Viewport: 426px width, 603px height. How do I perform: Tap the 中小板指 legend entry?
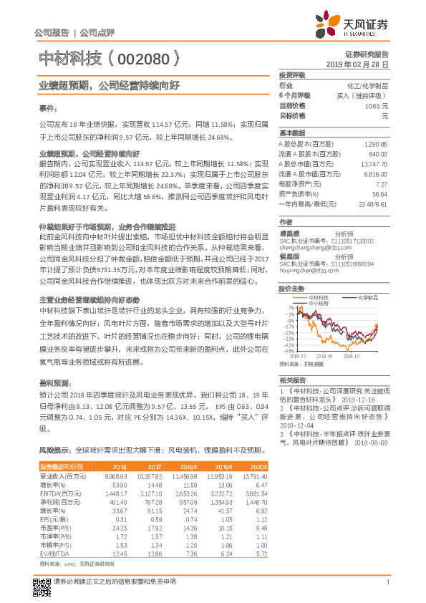tap(318, 304)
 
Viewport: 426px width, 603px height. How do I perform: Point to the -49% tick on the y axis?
tap(289, 351)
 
